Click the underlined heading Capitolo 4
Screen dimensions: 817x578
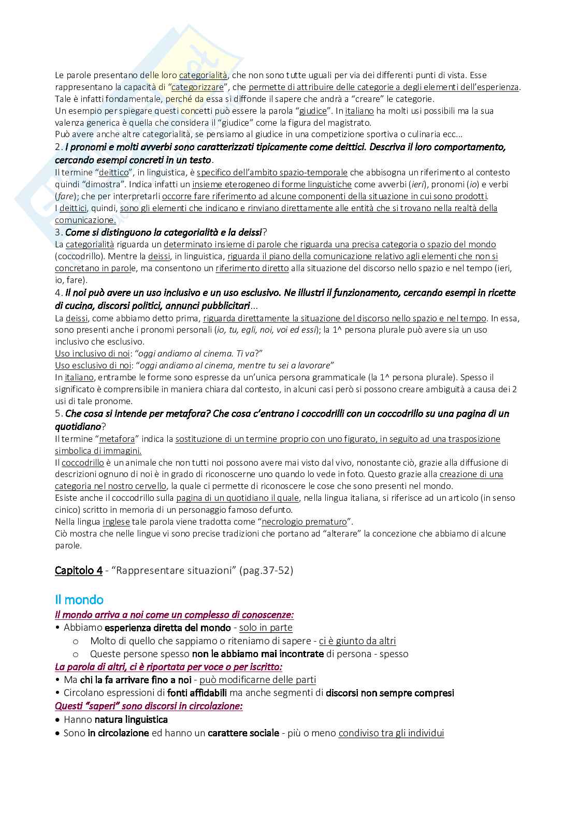pos(78,570)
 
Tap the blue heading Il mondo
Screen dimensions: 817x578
pos(79,600)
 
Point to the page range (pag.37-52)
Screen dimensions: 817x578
pos(267,570)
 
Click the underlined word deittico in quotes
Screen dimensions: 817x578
pos(113,172)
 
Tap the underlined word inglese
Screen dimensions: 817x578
pos(116,522)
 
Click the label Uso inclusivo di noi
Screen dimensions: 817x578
pos(92,353)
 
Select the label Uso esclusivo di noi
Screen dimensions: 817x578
pos(93,366)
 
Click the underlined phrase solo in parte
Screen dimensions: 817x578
pos(266,628)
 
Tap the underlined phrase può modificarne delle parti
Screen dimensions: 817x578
pos(257,680)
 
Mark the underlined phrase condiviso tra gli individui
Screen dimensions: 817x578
pos(391,733)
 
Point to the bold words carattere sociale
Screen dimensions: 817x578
pos(243,733)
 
